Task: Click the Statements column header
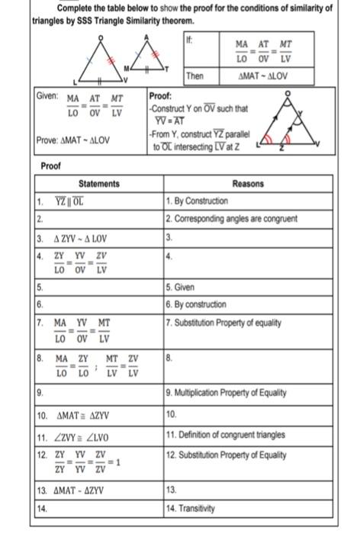[x=99, y=184]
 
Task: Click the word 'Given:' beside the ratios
[x=47, y=98]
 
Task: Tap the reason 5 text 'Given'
[x=182, y=288]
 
